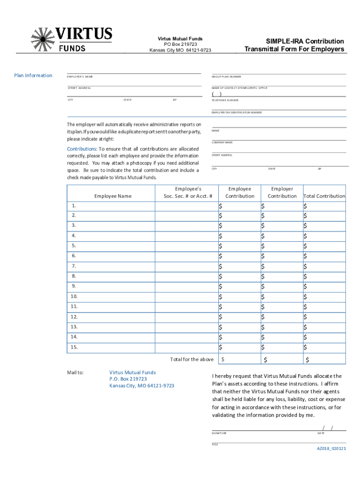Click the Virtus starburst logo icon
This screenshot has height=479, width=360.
(x=43, y=39)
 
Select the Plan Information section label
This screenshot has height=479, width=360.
(x=33, y=75)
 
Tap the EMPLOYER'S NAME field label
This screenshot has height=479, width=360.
(x=80, y=77)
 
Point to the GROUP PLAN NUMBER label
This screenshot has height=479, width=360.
(x=226, y=77)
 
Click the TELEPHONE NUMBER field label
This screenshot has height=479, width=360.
(x=225, y=100)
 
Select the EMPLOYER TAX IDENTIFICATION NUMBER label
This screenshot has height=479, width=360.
(x=237, y=113)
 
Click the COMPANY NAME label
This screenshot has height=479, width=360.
(x=222, y=142)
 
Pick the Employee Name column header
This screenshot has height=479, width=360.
(x=113, y=196)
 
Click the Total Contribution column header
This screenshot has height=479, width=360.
(x=324, y=196)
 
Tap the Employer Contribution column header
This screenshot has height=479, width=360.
(x=282, y=192)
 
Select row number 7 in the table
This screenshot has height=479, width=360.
(x=74, y=266)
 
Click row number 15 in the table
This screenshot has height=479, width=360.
(x=74, y=347)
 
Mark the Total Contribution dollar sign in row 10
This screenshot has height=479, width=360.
(x=305, y=297)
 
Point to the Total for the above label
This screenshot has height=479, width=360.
(x=192, y=359)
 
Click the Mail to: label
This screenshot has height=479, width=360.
(x=76, y=372)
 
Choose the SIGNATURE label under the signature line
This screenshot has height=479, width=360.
(x=219, y=433)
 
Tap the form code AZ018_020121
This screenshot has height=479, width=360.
(x=331, y=448)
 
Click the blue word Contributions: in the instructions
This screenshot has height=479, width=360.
(x=82, y=148)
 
